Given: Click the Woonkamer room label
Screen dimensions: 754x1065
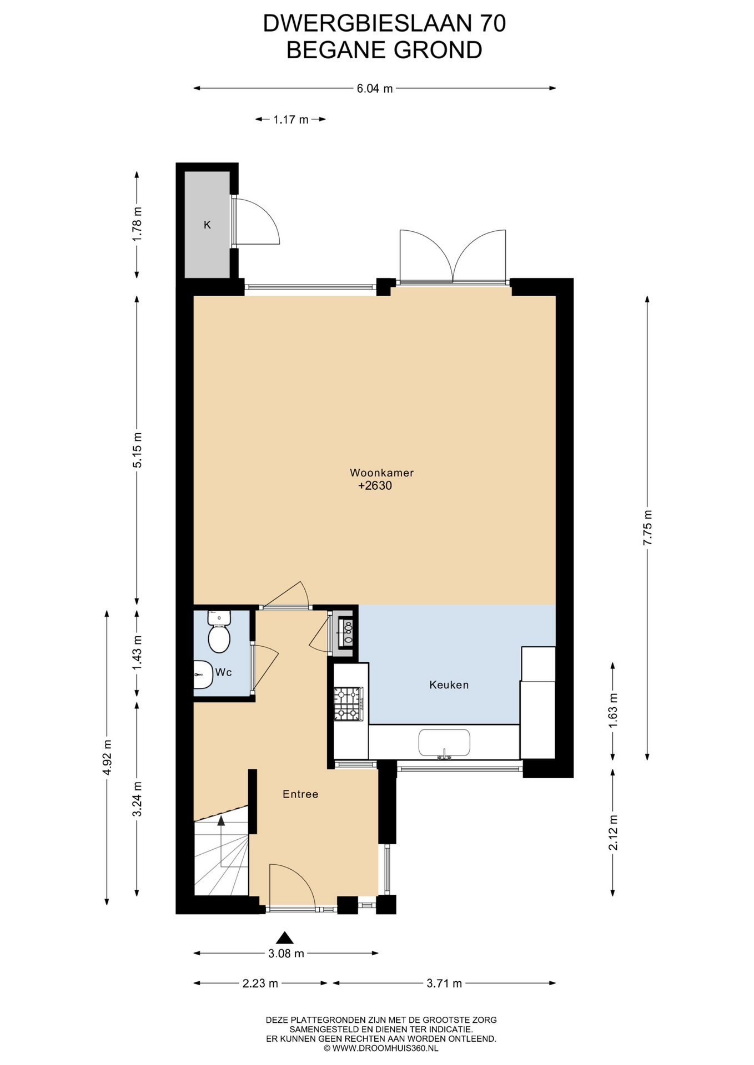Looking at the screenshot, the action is coord(381,473).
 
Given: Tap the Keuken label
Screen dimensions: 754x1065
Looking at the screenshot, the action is coord(449,685).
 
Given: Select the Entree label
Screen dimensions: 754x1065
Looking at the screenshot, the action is coord(300,794).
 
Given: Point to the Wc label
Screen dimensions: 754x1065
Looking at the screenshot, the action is coord(223,672).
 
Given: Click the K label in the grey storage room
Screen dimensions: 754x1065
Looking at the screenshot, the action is coord(207,225).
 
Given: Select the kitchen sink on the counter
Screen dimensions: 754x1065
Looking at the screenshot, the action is coord(444,743).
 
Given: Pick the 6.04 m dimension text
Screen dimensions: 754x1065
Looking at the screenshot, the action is coord(375,88).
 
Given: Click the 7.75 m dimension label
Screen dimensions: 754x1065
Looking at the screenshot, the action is coord(647,528).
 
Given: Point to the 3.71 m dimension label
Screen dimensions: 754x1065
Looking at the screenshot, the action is coord(444,983).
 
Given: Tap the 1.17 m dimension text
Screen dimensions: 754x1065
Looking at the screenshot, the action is coord(290,119).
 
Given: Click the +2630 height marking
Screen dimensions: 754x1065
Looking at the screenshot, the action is coord(375,486).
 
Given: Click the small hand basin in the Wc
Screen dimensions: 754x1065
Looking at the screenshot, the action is coord(203,675).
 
